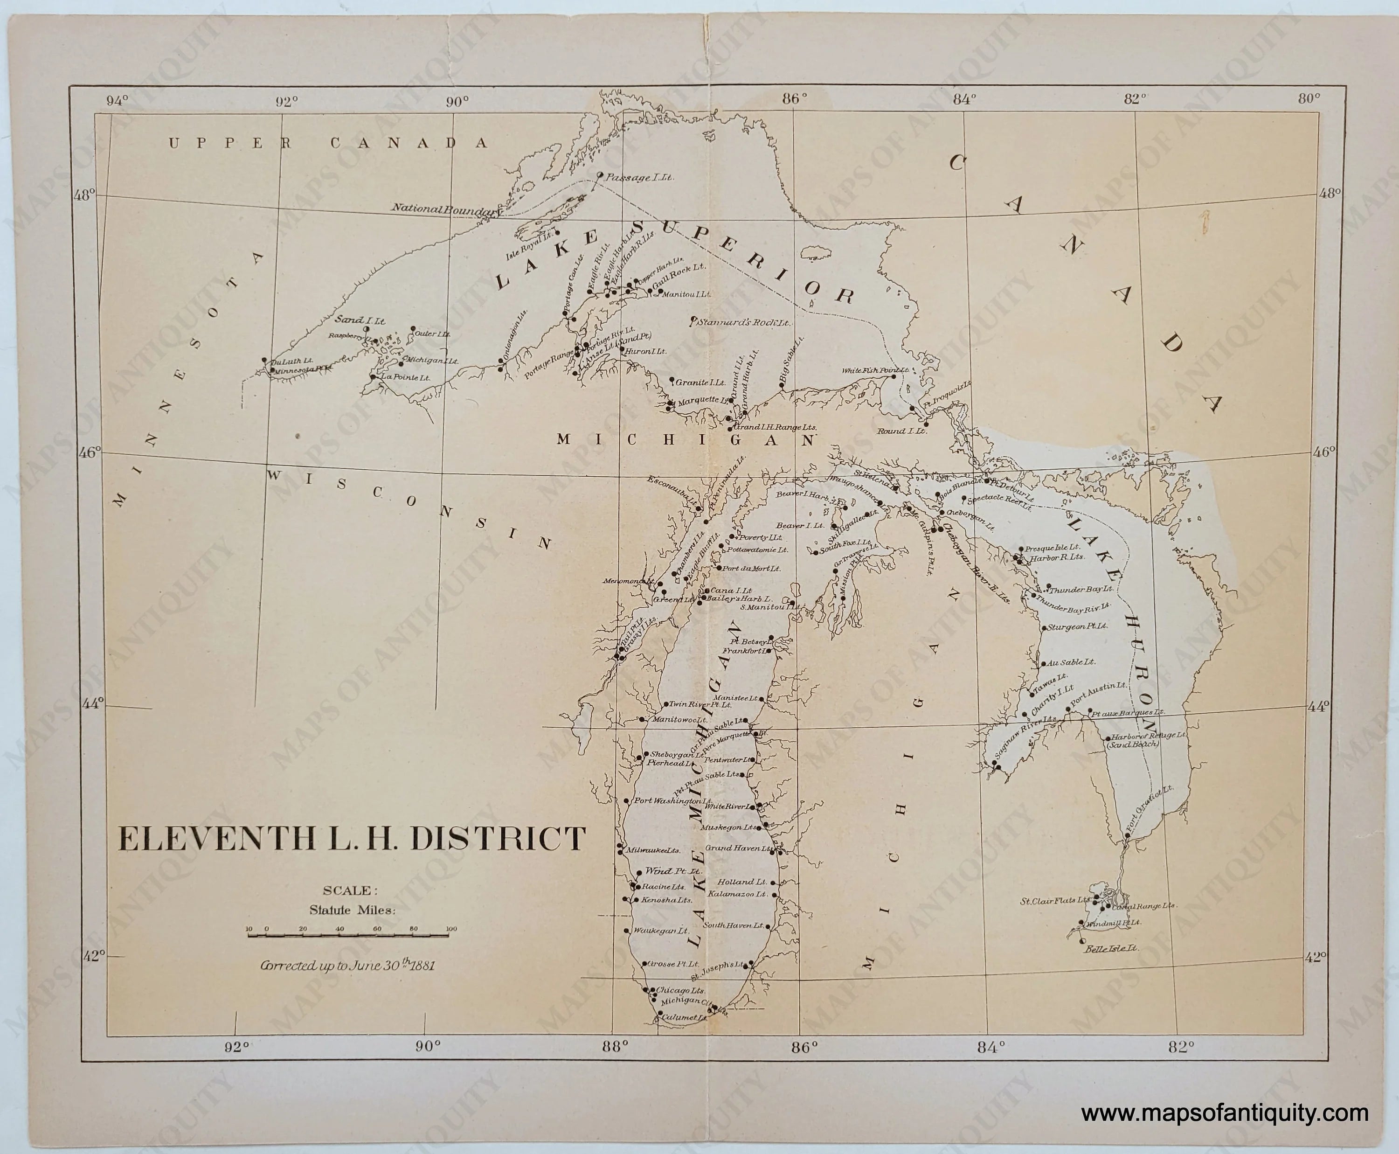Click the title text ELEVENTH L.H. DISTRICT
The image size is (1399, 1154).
[x=352, y=838]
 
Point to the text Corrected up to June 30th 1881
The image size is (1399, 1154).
[x=347, y=965]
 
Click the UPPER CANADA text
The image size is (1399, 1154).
[x=328, y=143]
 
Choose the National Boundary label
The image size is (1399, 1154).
[x=444, y=209]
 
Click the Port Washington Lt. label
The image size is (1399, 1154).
[x=672, y=801]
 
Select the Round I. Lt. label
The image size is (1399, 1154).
[x=901, y=431]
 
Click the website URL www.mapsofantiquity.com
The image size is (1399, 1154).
[x=1224, y=1113]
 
